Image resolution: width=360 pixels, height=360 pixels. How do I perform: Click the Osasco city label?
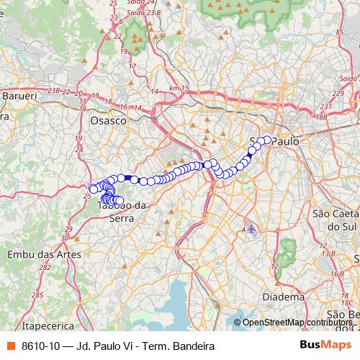click(109, 121)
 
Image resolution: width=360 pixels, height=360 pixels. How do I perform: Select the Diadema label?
click(282, 296)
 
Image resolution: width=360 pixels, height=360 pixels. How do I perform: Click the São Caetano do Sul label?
click(336, 220)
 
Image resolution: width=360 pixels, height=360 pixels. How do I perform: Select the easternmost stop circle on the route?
click(268, 140)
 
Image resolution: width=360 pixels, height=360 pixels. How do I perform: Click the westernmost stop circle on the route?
click(93, 189)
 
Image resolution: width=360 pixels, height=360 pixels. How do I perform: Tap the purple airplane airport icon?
click(251, 229)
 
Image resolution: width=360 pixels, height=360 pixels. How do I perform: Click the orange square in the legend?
click(10, 344)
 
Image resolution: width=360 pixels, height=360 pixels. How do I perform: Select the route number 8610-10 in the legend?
click(42, 344)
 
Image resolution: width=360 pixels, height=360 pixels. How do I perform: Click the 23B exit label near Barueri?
click(53, 91)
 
